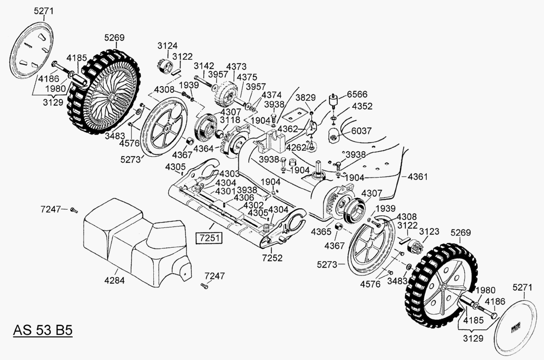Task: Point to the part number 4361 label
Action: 418,177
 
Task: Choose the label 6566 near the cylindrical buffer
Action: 357,94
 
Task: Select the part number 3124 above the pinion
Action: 168,45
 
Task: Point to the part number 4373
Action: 236,66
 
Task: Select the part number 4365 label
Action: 321,232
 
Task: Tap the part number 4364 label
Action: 204,148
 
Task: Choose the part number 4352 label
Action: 362,106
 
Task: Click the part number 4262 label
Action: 296,147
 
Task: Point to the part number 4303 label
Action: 229,174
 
